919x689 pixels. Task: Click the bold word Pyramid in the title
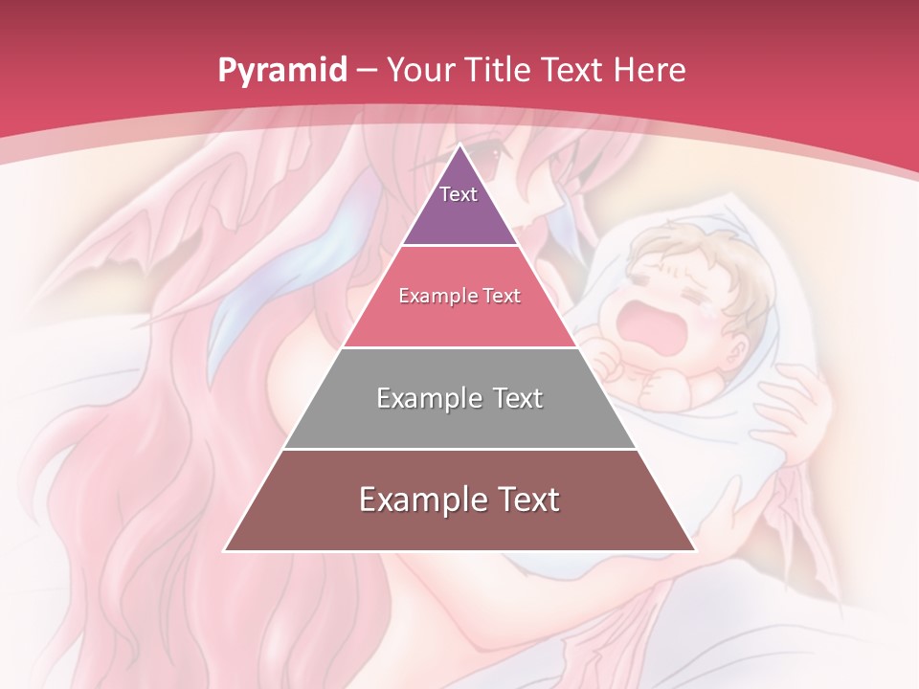click(281, 71)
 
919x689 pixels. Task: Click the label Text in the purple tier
click(459, 194)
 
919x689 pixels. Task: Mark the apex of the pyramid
click(460, 144)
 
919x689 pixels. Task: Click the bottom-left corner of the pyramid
click(225, 550)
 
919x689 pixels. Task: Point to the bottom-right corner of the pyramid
click(695, 550)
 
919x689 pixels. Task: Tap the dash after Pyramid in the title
click(367, 71)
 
